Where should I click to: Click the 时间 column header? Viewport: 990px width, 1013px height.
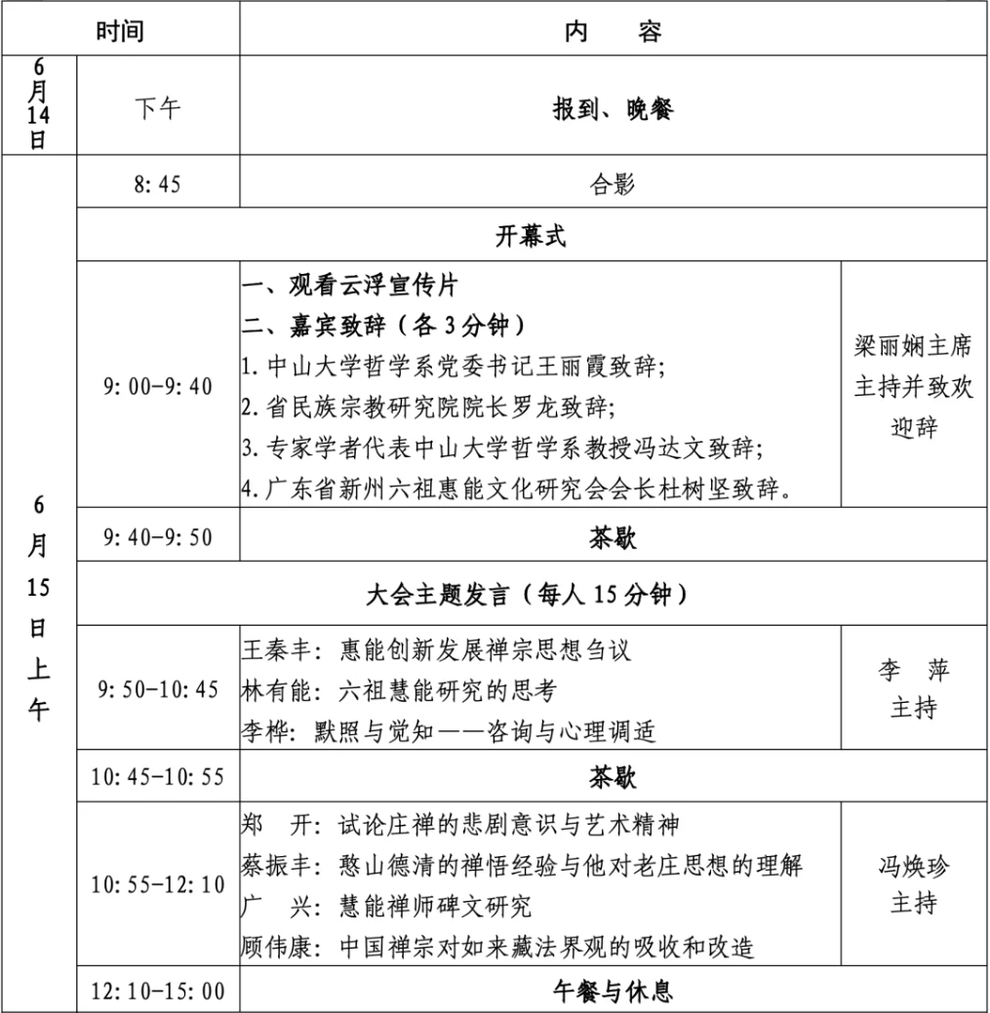[120, 31]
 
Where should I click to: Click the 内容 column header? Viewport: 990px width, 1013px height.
[614, 31]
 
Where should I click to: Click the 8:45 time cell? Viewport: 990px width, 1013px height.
[157, 183]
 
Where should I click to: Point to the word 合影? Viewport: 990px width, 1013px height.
[614, 183]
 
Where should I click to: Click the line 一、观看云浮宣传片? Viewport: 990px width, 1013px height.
[350, 287]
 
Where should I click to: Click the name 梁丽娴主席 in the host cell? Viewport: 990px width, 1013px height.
[913, 347]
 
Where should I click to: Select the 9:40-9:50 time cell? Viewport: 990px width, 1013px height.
[157, 537]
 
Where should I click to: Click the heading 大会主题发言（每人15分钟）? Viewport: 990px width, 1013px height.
[532, 594]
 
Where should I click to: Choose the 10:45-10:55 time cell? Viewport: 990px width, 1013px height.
[157, 777]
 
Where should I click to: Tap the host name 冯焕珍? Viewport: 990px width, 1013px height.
[913, 865]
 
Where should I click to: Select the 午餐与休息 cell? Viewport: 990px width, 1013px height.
[614, 992]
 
